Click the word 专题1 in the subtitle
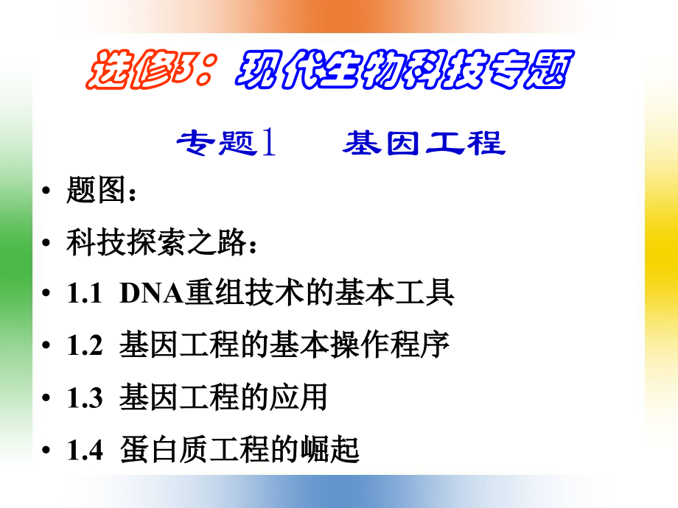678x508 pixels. pos(226,142)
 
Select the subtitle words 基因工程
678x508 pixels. pos(424,142)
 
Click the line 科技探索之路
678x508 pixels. pos(158,242)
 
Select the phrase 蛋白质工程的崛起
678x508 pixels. pos(240,449)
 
